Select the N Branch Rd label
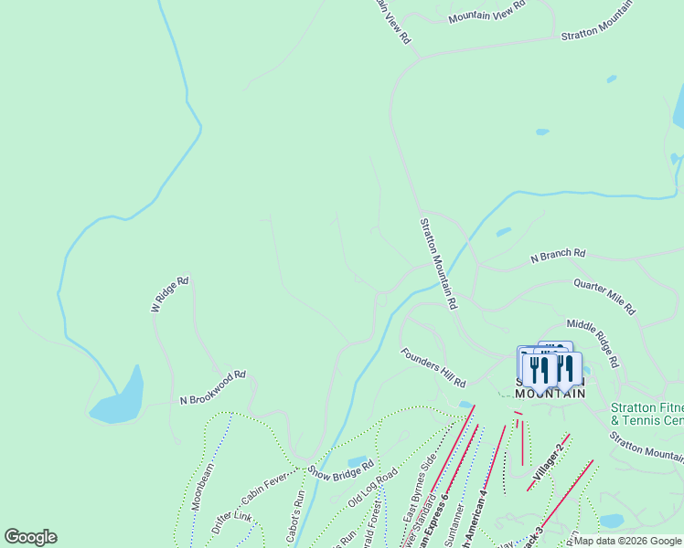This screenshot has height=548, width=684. coord(558,258)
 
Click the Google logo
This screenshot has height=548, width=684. coord(30,537)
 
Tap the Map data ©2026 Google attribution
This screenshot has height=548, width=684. coord(628,542)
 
